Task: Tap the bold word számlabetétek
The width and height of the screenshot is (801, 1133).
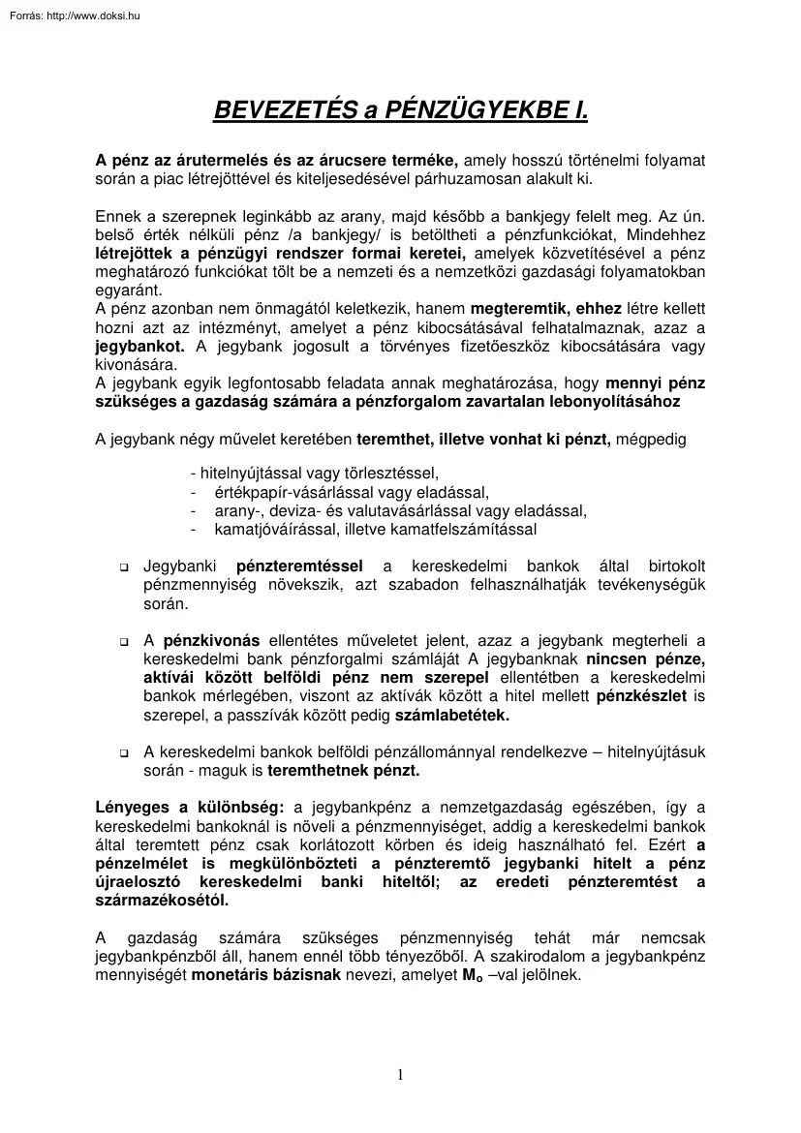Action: tap(451, 715)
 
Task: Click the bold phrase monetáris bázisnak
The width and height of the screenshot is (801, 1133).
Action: tap(265, 975)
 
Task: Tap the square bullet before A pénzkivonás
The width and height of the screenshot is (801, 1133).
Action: tap(124, 641)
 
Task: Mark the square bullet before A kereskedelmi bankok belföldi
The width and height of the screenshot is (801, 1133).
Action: tap(124, 752)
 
